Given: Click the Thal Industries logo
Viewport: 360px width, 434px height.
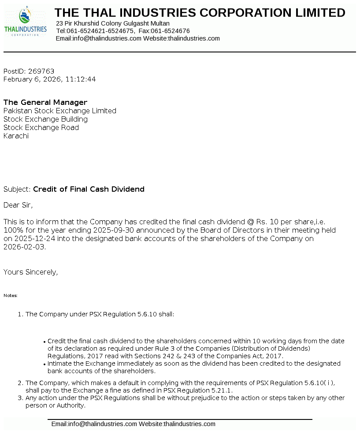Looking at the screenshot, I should point(25,22).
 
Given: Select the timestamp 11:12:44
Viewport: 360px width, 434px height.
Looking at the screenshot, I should point(81,80).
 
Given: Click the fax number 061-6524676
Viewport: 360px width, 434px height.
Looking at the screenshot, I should point(170,31).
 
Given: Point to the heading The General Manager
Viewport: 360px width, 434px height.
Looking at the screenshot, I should point(45,103).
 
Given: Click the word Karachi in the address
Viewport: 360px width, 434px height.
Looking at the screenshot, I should point(16,136).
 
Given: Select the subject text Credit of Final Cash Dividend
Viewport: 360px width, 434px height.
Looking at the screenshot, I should point(89,189).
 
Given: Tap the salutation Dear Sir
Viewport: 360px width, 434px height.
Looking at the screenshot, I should point(18,205).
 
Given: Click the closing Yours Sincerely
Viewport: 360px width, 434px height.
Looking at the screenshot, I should point(30,272).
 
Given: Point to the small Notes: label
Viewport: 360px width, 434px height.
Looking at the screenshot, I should point(11,296).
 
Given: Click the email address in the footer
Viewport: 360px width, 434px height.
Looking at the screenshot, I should point(94,424).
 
